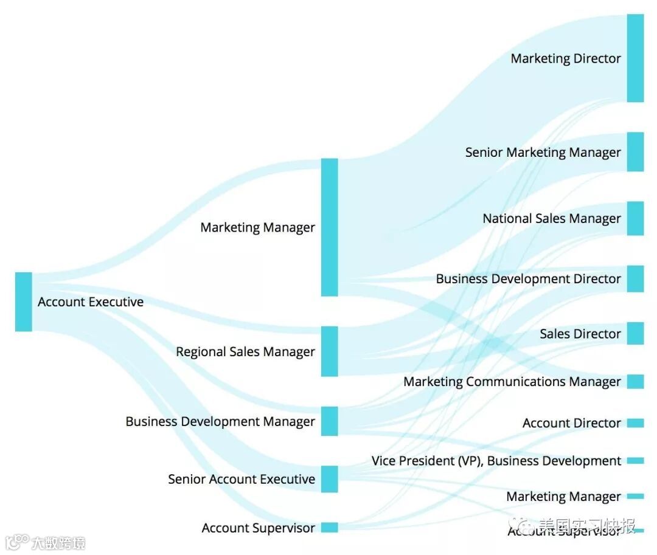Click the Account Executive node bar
(23, 302)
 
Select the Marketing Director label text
(566, 58)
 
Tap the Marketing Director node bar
(635, 58)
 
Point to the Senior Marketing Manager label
(543, 153)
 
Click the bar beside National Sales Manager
(635, 218)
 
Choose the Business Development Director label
(528, 279)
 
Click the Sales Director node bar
(635, 333)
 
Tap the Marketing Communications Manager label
(512, 382)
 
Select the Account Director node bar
(635, 423)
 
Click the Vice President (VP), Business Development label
(496, 461)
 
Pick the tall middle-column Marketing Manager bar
(329, 227)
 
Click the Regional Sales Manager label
(245, 351)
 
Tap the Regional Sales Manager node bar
(329, 351)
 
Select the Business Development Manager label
(220, 421)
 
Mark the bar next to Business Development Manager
(329, 421)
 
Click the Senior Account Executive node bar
(329, 479)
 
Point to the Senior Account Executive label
(242, 479)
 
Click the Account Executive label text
(91, 302)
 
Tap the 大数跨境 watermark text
(58, 542)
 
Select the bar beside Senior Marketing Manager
(635, 152)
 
